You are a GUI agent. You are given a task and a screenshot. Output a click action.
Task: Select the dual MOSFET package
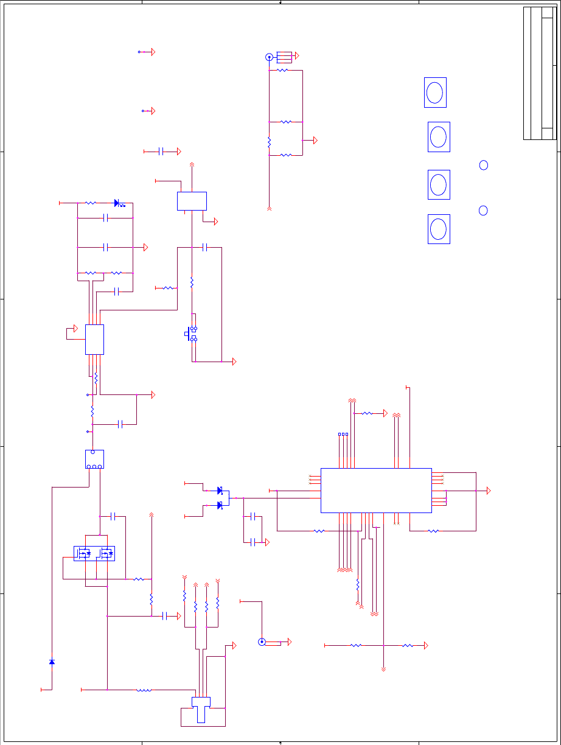pos(94,553)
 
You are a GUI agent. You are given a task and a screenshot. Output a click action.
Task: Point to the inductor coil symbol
pos(144,690)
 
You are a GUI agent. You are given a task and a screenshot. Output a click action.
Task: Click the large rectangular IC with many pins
pos(376,491)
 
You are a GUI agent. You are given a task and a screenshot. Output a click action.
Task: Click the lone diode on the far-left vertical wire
pos(52,662)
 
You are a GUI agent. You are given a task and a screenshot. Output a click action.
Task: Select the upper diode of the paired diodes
pos(220,491)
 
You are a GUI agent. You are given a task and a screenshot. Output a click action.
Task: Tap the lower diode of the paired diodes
pos(220,505)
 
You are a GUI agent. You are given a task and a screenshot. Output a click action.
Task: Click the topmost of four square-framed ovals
pos(435,93)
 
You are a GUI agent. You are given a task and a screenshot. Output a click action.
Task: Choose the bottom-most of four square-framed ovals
pos(439,229)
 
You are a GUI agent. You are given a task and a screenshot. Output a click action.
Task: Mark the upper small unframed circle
pos(484,165)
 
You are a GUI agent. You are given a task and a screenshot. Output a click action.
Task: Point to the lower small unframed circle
pos(483,211)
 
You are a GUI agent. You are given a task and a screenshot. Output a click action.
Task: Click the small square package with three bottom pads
pos(94,459)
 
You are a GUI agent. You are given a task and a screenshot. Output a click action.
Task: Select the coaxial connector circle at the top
pos(269,57)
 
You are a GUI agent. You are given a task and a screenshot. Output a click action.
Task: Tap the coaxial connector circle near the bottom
pos(262,642)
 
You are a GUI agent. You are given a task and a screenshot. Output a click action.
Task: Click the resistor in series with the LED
pos(90,203)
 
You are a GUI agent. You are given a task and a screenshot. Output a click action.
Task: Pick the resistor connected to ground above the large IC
pos(367,413)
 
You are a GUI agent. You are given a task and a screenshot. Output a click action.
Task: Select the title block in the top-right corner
pos(540,73)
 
